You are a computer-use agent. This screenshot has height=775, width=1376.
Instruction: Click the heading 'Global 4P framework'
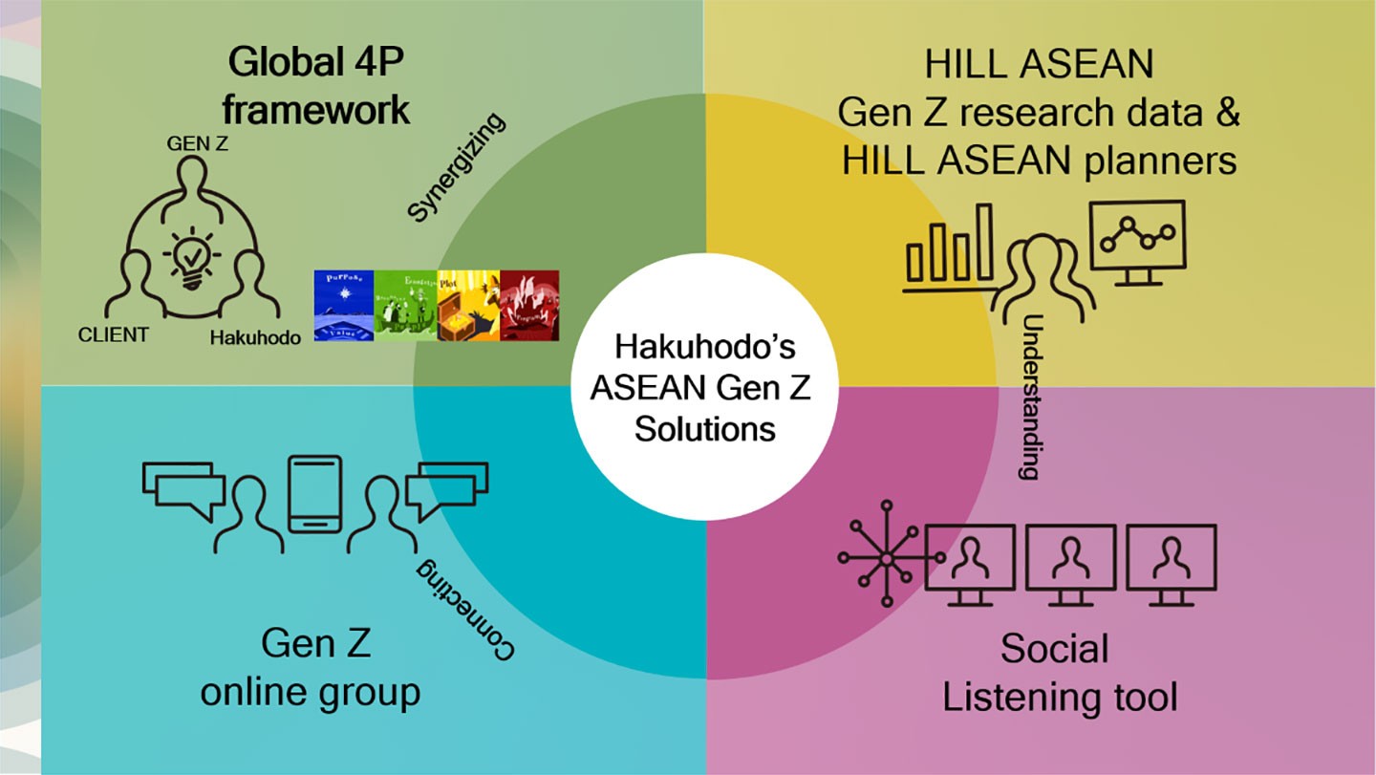(x=315, y=87)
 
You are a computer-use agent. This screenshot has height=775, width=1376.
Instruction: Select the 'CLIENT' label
(x=114, y=334)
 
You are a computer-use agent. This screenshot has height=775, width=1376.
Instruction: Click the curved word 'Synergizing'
(x=456, y=167)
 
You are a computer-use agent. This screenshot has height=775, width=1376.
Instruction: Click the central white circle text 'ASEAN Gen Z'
(x=704, y=387)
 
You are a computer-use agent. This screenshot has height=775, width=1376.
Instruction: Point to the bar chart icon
(x=950, y=246)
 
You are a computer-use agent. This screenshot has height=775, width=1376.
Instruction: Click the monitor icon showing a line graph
(x=1137, y=241)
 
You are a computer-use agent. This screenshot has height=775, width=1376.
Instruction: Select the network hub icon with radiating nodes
(x=886, y=555)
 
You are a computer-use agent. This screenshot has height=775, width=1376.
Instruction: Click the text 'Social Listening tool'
(x=1059, y=673)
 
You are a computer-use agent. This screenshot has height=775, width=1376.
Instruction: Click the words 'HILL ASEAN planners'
(x=1039, y=161)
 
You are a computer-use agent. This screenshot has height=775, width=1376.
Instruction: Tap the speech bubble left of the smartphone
(x=179, y=485)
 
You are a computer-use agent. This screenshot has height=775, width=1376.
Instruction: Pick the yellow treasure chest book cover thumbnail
(x=468, y=304)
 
